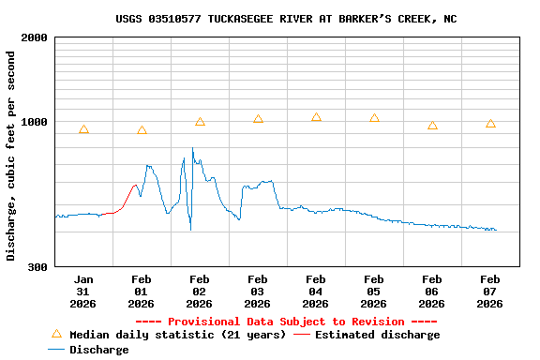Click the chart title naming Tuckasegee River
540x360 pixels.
point(286,19)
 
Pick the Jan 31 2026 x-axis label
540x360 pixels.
point(83,291)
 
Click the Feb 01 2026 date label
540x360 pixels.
point(142,291)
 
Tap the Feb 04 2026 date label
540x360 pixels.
point(316,291)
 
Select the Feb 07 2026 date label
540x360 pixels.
point(490,291)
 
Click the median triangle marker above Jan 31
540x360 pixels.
point(83,129)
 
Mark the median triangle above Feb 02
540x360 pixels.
point(200,122)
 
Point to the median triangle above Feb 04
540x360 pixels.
point(316,117)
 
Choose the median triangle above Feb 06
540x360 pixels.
point(432,125)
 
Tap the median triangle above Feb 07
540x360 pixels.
point(490,124)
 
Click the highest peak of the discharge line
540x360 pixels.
point(193,148)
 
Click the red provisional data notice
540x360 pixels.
point(292,322)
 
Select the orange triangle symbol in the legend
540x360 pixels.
point(56,334)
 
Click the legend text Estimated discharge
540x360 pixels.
point(377,335)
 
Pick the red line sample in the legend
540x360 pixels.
point(302,335)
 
